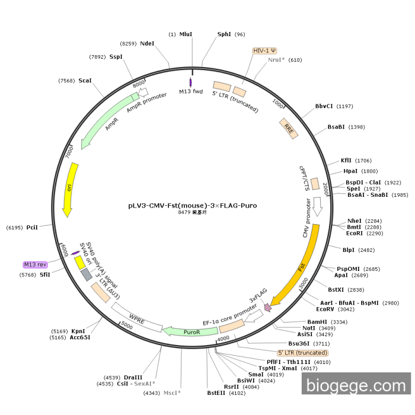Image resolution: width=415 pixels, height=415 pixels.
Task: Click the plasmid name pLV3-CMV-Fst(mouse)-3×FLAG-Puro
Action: click(193, 206)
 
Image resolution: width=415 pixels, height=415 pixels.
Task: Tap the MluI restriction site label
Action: click(186, 34)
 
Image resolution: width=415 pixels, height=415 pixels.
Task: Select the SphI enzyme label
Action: click(224, 34)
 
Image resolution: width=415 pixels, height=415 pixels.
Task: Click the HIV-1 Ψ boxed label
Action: click(265, 51)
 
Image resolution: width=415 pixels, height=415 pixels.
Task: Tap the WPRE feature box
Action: click(137, 317)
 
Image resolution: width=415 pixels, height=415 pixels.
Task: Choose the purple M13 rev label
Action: click(35, 264)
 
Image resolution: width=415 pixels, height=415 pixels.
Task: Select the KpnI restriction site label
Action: click(78, 331)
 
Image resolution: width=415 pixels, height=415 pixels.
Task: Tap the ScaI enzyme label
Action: click(85, 80)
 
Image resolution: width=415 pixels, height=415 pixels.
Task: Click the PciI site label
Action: click(32, 227)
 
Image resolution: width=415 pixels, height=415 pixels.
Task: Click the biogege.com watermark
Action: click(356, 385)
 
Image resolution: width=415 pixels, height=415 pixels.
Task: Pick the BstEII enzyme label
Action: click(216, 392)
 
